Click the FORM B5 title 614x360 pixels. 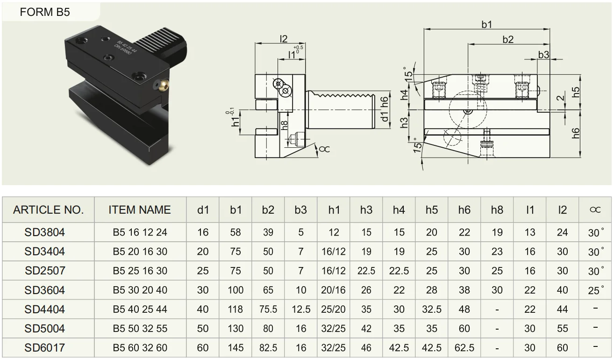[x=45, y=12]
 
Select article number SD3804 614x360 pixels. [x=45, y=232]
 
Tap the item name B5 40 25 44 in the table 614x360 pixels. [x=140, y=310]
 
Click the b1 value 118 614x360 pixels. [x=236, y=310]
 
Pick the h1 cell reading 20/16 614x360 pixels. [x=333, y=290]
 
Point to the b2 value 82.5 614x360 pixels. [x=268, y=348]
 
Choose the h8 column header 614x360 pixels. [x=497, y=210]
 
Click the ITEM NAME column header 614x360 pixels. [x=140, y=210]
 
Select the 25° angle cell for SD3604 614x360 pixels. [x=595, y=290]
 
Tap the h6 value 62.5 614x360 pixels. [x=464, y=348]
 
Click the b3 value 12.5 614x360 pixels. [x=301, y=310]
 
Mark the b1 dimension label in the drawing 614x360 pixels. [x=487, y=25]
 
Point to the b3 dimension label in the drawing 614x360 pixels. [x=543, y=55]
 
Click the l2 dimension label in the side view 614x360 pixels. [x=284, y=39]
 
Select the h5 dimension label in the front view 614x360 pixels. [x=576, y=92]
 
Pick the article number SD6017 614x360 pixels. [x=45, y=348]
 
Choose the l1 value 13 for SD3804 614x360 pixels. [x=529, y=232]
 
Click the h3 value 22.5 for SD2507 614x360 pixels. [x=366, y=271]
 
